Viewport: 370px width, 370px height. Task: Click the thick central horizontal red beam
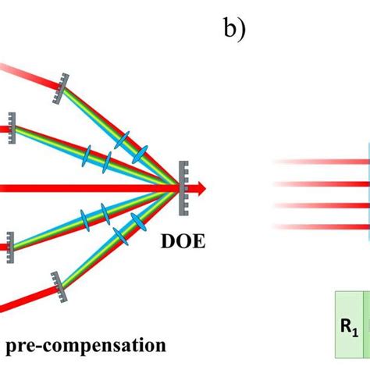coord(78,187)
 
